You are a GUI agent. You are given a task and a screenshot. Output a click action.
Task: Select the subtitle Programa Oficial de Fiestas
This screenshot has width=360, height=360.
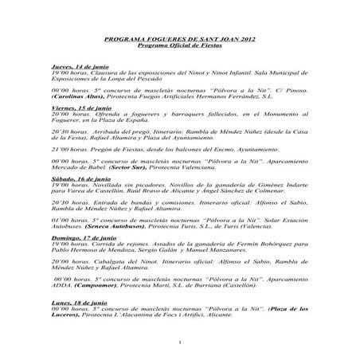point(179,46)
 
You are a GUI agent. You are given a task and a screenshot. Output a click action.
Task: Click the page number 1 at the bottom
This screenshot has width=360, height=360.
point(182,343)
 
